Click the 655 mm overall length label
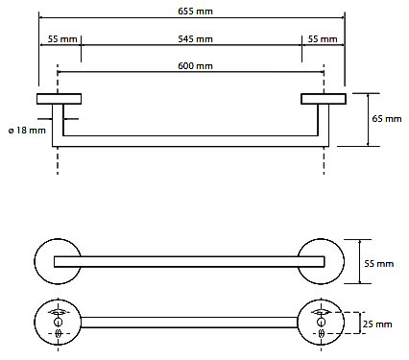pyautogui.click(x=195, y=12)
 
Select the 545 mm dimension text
pyautogui.click(x=195, y=39)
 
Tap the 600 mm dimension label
pyautogui.click(x=195, y=66)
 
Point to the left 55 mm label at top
pyautogui.click(x=62, y=39)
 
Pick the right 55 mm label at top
pyautogui.click(x=323, y=39)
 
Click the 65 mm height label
pyautogui.click(x=387, y=119)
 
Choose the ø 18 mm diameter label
pyautogui.click(x=27, y=131)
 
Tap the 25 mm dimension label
pyautogui.click(x=377, y=324)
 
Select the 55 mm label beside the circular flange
pyautogui.click(x=379, y=264)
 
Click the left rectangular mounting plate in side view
pyautogui.click(x=59, y=99)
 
